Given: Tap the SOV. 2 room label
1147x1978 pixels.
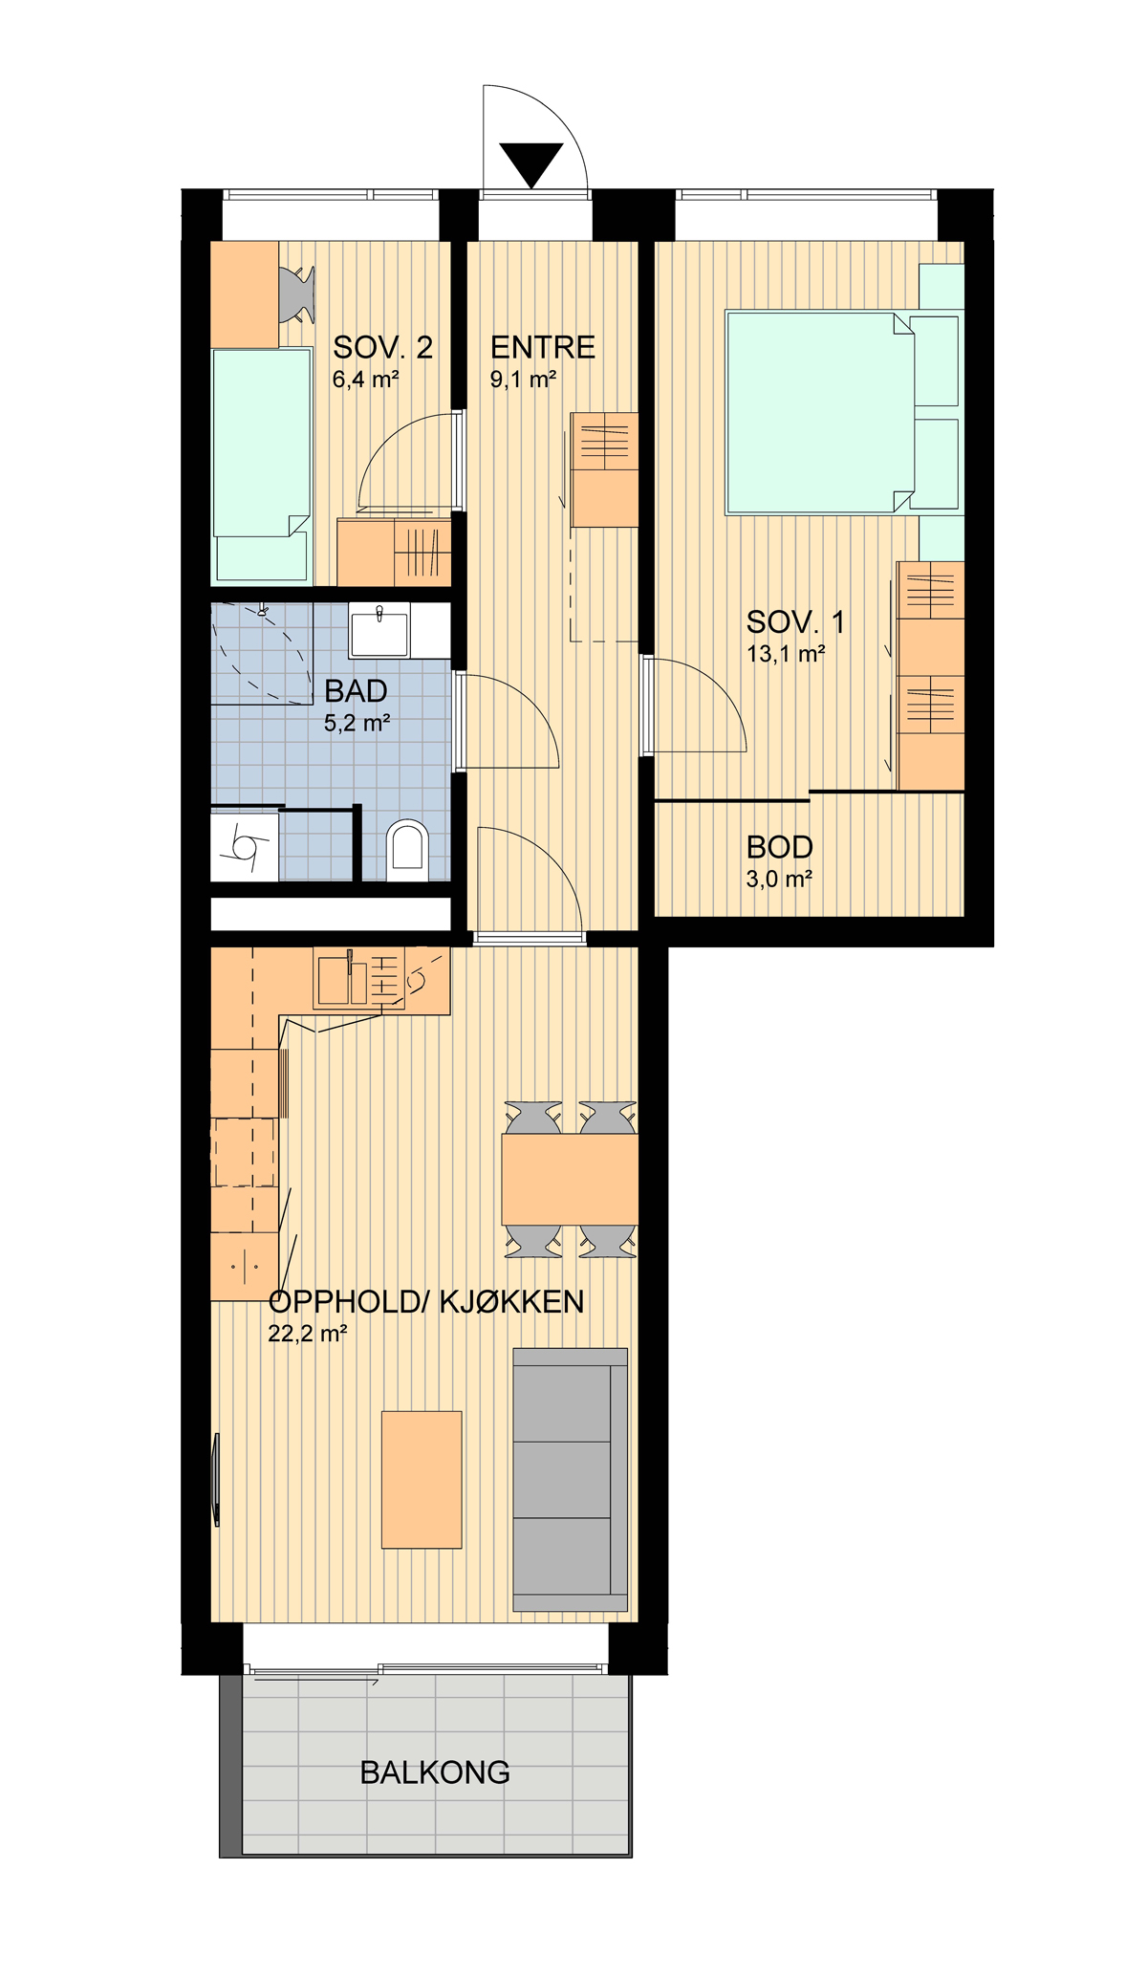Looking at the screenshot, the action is pos(382,347).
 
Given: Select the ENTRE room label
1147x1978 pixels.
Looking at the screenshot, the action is pos(543,347).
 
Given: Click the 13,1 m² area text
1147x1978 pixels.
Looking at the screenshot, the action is pos(786,655).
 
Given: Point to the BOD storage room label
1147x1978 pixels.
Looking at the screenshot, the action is pos(780,847).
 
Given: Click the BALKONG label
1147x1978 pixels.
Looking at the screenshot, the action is pos(435,1772).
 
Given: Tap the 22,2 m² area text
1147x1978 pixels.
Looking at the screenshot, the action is pos(307,1334).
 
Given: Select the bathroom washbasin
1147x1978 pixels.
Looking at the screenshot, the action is pos(379,630).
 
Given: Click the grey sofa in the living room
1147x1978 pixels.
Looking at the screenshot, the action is pos(571,1479).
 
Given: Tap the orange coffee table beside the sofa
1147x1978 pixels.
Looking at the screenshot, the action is pos(422,1479).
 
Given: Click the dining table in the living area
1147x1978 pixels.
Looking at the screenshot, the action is pos(570,1179).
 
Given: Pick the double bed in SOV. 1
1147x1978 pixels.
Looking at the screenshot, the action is pos(820,412).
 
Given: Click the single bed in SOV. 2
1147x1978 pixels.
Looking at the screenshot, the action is pos(262,465).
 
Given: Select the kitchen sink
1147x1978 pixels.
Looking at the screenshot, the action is pos(342,978).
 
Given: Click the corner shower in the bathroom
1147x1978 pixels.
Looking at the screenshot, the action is pos(262,654).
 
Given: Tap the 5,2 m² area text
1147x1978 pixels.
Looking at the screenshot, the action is pos(357,724).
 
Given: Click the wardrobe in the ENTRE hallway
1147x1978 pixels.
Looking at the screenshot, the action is pos(604,469).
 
